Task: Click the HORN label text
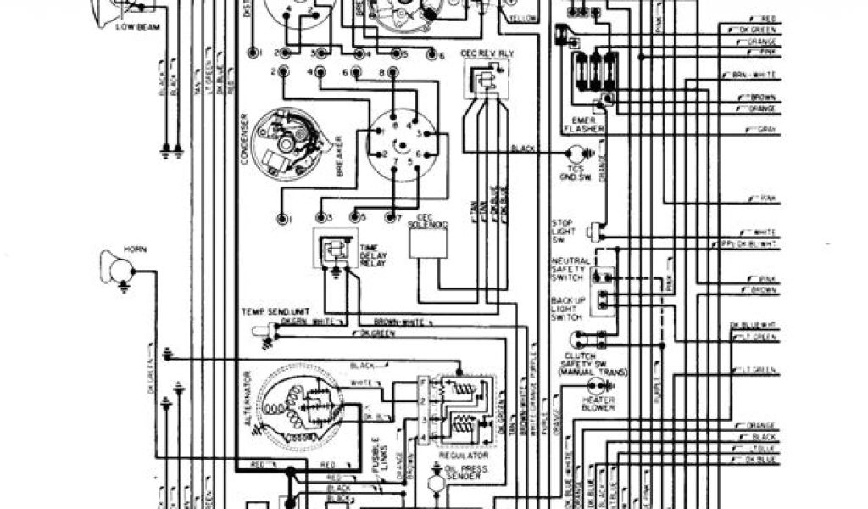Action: click(136, 249)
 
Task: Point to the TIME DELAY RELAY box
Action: click(336, 248)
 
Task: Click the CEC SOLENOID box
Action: click(428, 243)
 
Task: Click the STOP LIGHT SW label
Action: click(563, 231)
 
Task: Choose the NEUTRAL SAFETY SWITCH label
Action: click(569, 270)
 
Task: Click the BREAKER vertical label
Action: click(338, 158)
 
